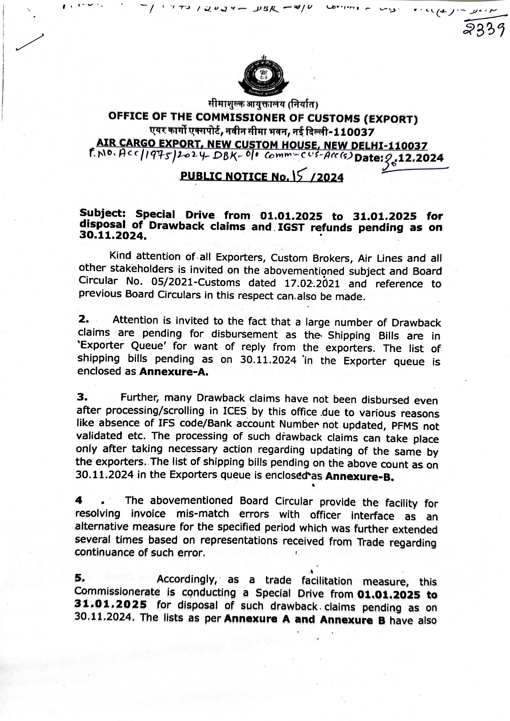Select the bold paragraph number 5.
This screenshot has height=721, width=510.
[80, 578]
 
